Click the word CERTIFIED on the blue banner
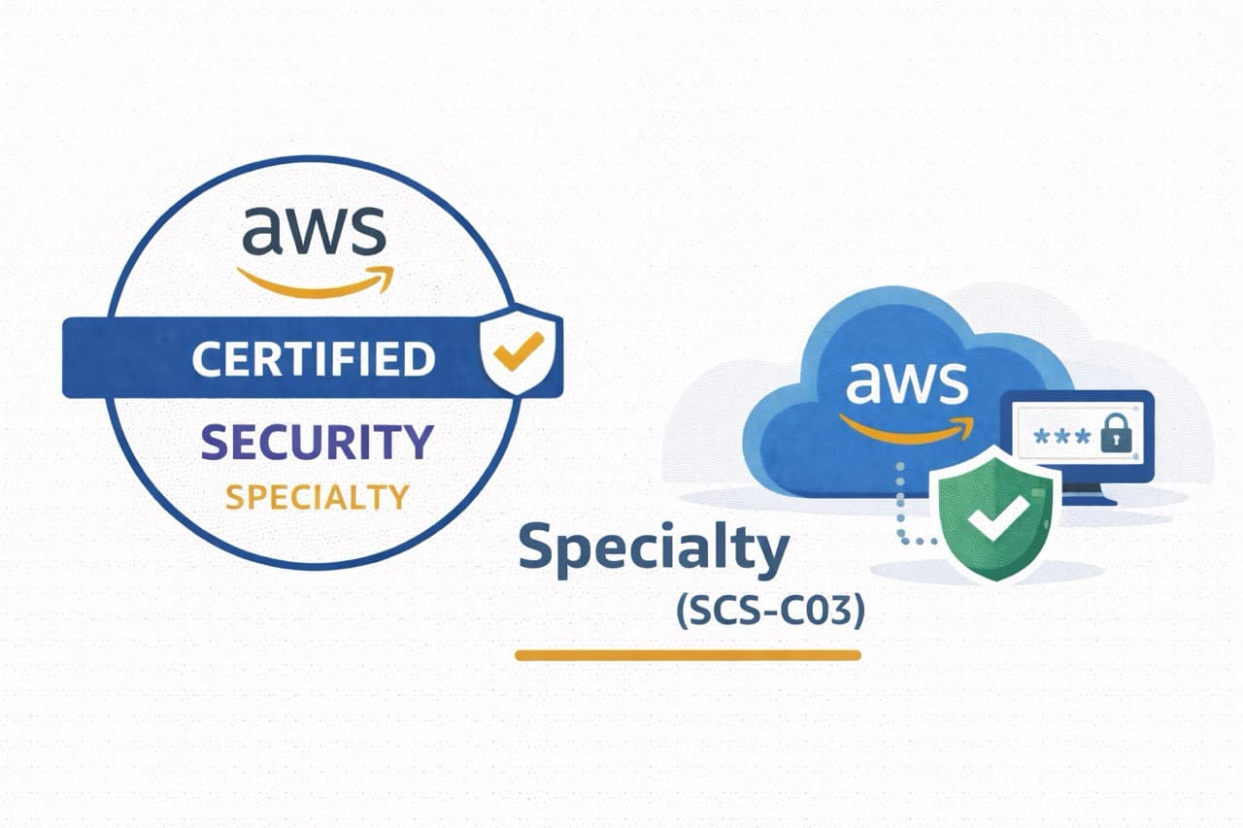point(313,359)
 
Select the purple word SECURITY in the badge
point(317,443)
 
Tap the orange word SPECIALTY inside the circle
point(317,497)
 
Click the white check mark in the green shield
point(992,522)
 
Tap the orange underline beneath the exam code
point(688,655)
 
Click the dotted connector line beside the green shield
point(901,505)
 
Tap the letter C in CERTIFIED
point(206,359)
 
